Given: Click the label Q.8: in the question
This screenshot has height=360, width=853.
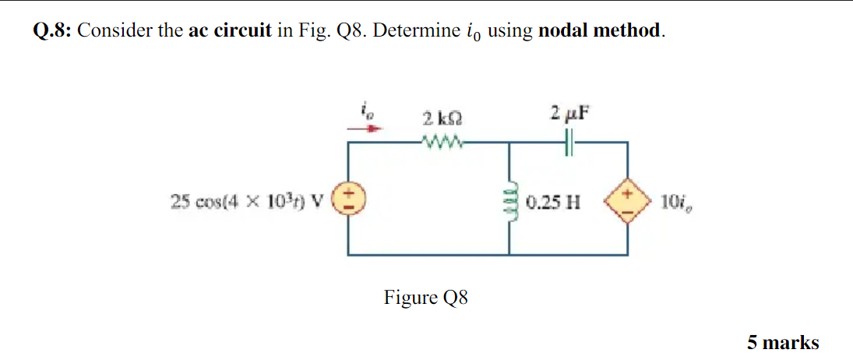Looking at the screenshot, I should [x=52, y=31].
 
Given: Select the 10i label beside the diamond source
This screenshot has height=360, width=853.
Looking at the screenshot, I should [x=671, y=203].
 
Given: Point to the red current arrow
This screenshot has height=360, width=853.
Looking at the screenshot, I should [x=365, y=129].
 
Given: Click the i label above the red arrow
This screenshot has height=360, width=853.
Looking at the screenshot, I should [x=364, y=113].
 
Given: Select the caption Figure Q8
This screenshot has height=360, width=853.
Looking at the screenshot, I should [x=425, y=298].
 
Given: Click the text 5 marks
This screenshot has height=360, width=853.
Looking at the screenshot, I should [x=783, y=341].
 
